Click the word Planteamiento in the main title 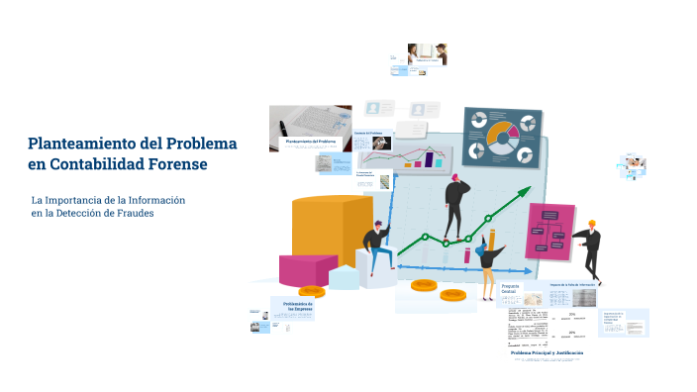(83, 143)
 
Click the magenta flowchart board (549, 230)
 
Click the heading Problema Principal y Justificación (548, 352)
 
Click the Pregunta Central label (509, 288)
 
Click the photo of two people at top (427, 53)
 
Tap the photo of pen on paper (309, 121)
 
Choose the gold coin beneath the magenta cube (312, 291)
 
